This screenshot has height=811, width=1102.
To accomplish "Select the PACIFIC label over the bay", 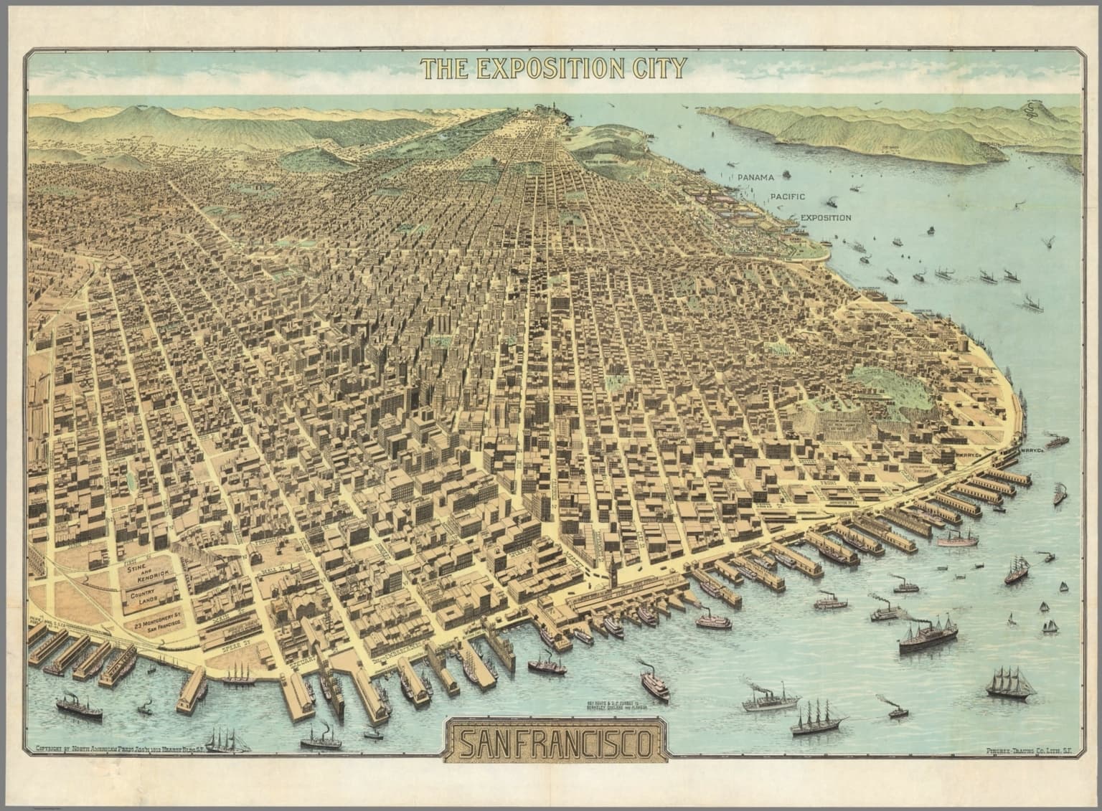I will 788,196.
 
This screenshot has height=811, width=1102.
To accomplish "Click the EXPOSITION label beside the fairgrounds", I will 825,217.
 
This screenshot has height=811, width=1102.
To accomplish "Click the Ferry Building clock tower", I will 614,574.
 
